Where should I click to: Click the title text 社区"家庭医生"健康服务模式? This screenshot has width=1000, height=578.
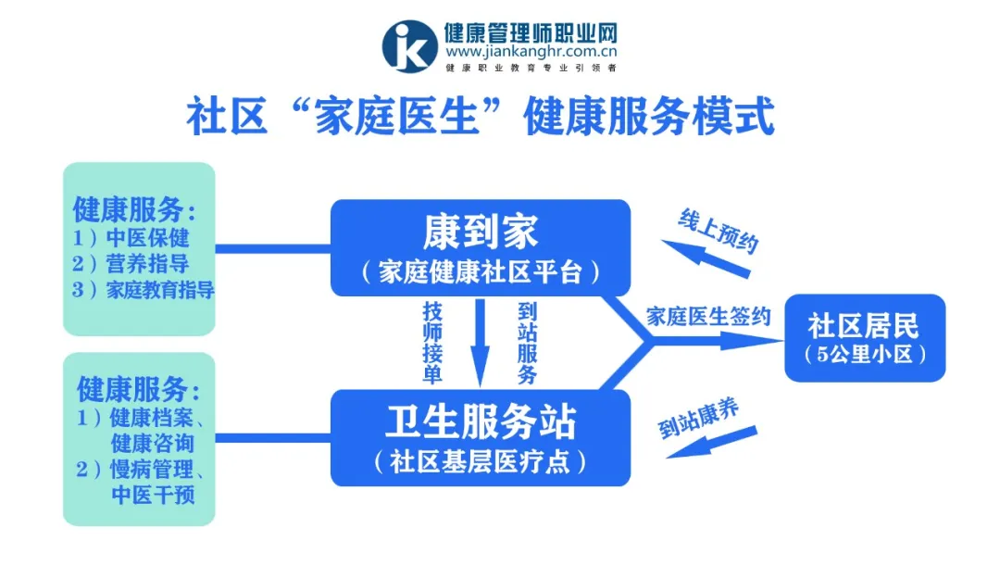coord(481,118)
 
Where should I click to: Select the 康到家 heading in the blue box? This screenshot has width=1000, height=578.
coord(481,232)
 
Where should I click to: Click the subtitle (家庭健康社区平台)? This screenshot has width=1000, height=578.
coord(481,272)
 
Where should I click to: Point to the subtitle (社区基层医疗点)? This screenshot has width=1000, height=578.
coord(481,462)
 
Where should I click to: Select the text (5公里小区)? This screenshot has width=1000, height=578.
coord(865,355)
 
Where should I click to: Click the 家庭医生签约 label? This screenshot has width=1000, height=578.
coord(708,317)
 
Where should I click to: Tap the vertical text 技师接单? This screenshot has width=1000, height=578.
coord(431,343)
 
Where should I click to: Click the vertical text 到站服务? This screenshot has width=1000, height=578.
coord(527,343)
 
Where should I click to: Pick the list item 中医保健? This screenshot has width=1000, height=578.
coord(147,235)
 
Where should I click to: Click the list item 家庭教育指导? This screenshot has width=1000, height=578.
coord(160,290)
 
